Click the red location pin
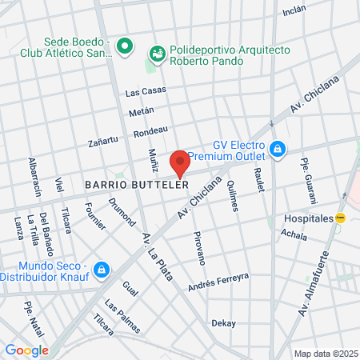coord(179,162)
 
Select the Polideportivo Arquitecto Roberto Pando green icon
coord(157,53)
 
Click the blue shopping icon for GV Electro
coord(277,148)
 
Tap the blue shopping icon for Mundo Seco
coord(101,270)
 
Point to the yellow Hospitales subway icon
coord(341,218)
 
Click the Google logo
coord(26,350)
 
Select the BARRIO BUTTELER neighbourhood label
coord(136,183)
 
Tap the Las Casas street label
coord(146,91)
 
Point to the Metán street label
coord(141,112)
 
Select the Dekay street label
coord(223,323)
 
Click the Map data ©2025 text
coord(324,353)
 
